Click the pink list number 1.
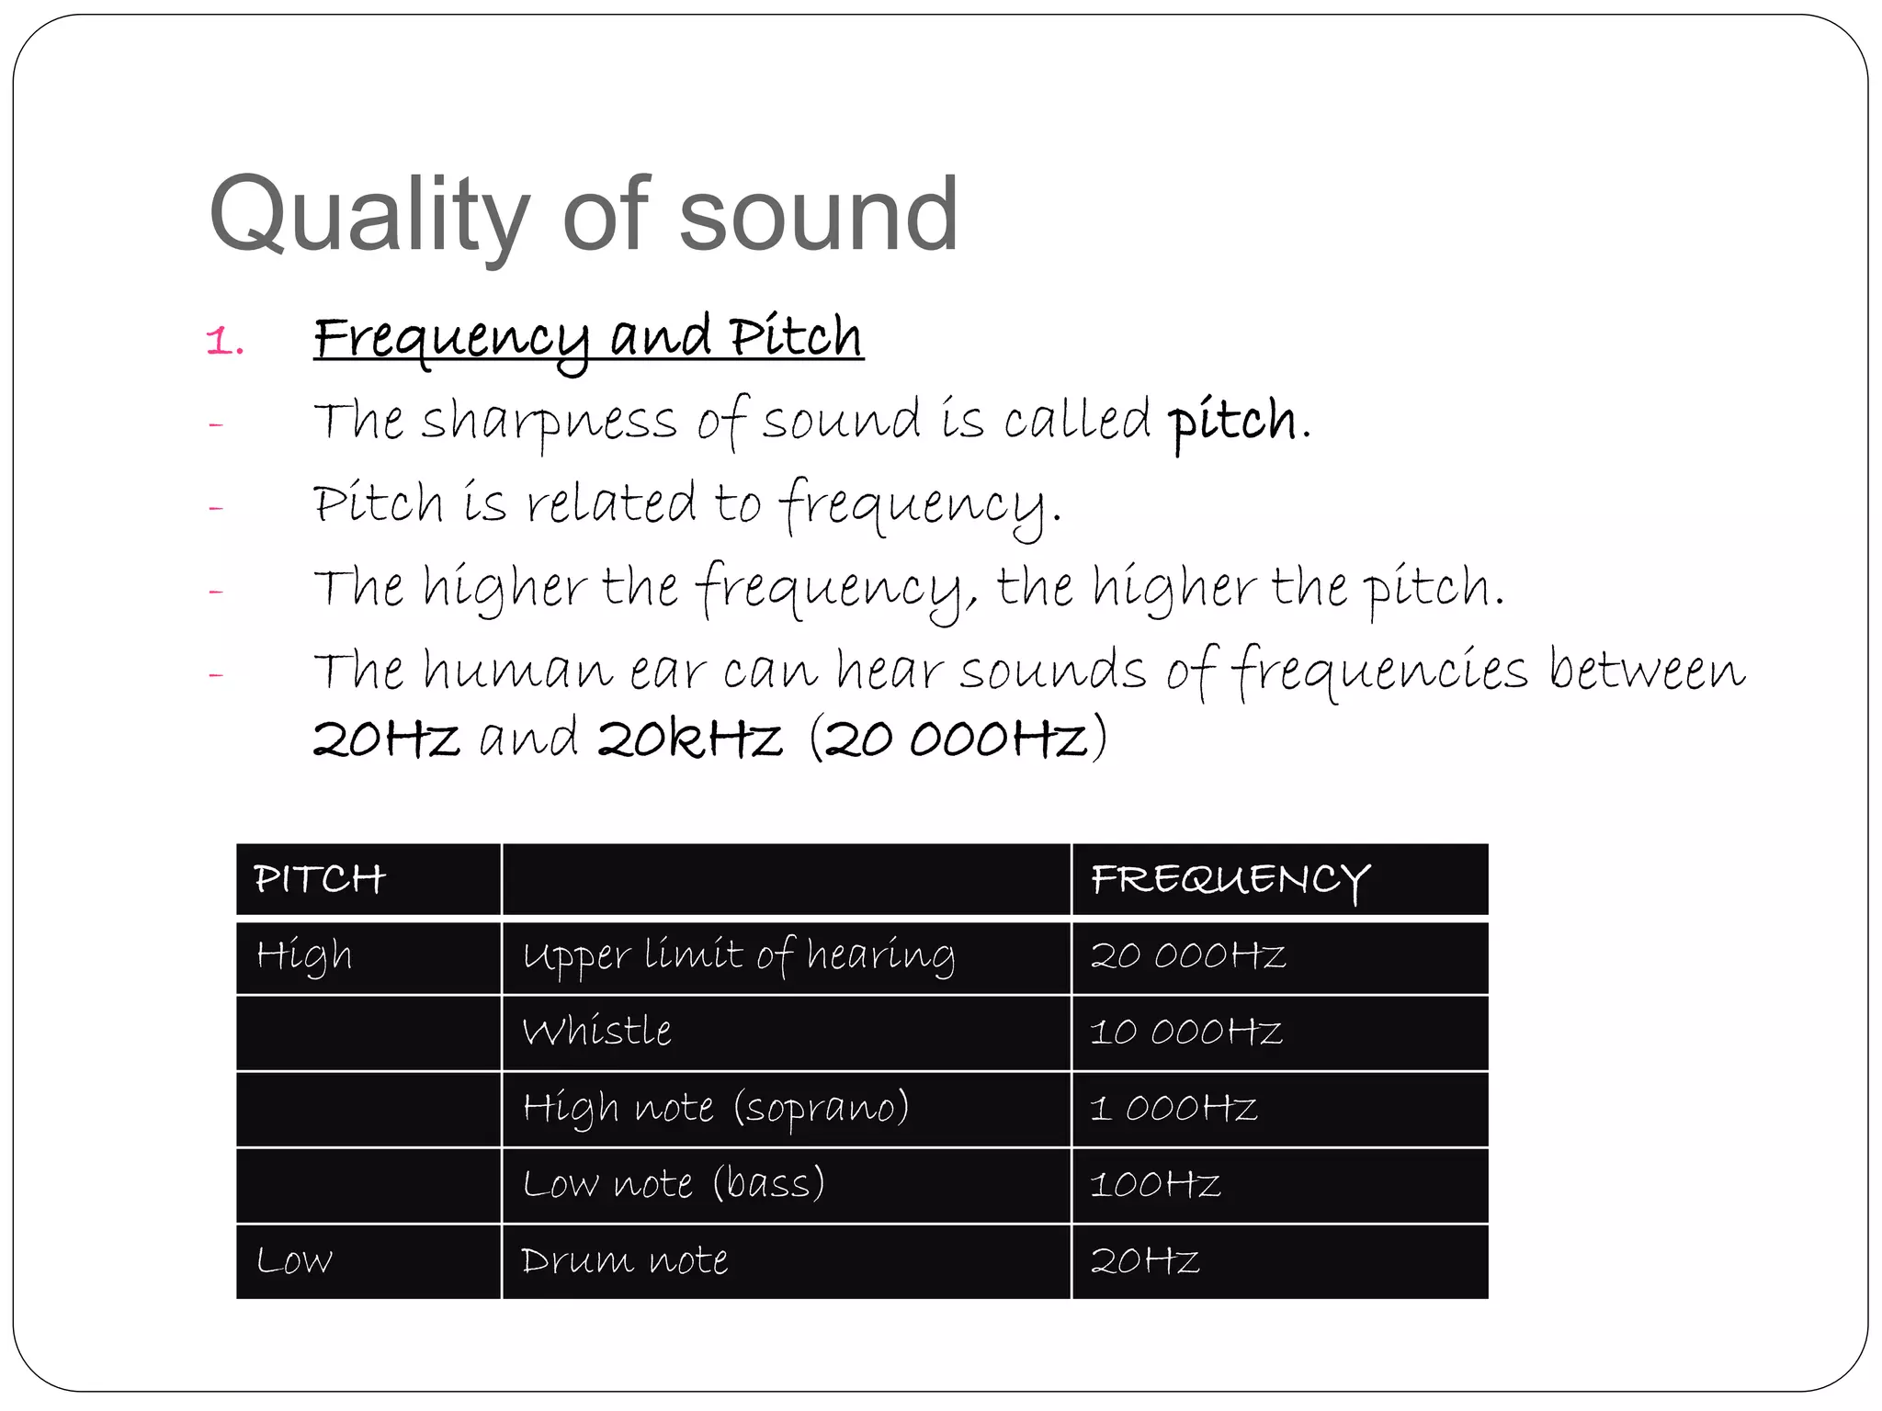coord(223,342)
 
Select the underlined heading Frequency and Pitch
coord(588,338)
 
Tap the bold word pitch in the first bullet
coord(1232,422)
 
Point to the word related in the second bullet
coord(610,503)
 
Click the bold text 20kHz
coord(689,739)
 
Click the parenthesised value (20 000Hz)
coord(958,739)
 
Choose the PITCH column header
coord(320,879)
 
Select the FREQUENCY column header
coord(1230,880)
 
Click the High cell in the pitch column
coord(304,956)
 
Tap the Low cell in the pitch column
coord(294,1260)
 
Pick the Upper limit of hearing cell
coord(739,956)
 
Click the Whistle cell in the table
coord(597,1032)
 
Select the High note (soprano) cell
coord(716,1108)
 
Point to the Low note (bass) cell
coord(674,1184)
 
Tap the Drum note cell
coord(625,1260)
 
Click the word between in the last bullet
coord(1647,671)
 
